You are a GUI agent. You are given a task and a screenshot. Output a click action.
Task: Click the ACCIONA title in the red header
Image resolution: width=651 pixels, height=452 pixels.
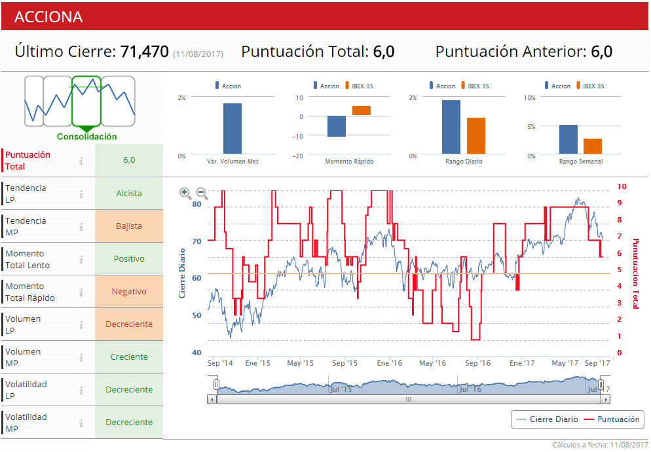(x=48, y=17)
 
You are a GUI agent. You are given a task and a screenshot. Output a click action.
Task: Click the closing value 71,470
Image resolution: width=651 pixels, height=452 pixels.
(x=145, y=52)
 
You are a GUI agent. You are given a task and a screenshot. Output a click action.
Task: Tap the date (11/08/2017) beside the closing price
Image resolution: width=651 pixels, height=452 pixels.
(x=198, y=54)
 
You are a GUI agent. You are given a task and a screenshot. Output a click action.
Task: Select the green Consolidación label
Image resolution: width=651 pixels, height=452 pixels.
(x=86, y=137)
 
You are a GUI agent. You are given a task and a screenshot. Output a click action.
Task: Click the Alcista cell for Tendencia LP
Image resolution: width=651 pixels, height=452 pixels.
(x=129, y=194)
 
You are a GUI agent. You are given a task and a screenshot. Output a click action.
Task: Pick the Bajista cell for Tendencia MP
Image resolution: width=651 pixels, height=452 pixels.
(x=129, y=226)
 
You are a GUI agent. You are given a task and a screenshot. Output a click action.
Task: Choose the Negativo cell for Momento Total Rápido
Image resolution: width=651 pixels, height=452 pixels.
(x=129, y=292)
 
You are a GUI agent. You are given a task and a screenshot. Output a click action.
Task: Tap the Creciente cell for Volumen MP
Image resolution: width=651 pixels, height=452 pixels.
(x=129, y=357)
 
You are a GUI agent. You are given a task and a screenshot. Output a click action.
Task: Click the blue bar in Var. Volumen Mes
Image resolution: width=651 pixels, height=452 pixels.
(x=232, y=129)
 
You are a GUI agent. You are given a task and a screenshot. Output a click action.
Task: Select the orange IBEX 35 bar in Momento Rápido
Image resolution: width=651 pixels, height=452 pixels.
(x=362, y=111)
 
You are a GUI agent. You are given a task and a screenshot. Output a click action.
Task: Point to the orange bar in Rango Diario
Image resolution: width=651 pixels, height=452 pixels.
(x=476, y=136)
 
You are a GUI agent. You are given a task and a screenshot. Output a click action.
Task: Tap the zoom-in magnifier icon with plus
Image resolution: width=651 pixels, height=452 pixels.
(x=185, y=193)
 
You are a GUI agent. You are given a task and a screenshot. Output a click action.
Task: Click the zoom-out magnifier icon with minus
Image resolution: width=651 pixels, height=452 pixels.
(x=202, y=193)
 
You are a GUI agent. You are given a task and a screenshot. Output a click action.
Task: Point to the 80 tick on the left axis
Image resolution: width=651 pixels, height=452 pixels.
(x=196, y=204)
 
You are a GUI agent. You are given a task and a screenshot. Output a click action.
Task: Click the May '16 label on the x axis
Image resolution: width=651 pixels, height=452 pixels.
(x=432, y=363)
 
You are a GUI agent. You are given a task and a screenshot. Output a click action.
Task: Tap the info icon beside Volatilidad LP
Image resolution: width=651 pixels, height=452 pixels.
(x=81, y=390)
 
